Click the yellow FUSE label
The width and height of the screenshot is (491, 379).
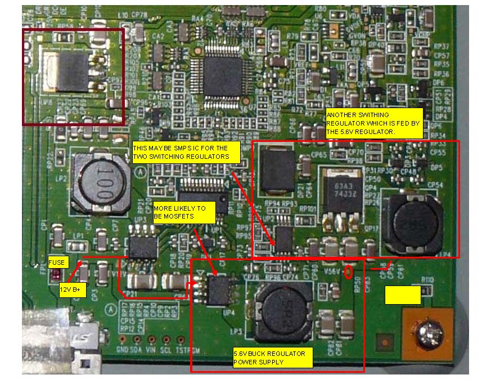[x=56, y=262]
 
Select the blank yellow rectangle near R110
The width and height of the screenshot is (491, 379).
[x=403, y=295]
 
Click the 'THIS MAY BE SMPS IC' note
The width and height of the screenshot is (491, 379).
[x=186, y=152]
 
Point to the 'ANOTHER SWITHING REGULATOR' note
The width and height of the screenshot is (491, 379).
[x=373, y=123]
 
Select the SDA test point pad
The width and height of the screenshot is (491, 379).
[x=137, y=340]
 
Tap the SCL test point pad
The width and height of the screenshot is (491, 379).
[x=166, y=340]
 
